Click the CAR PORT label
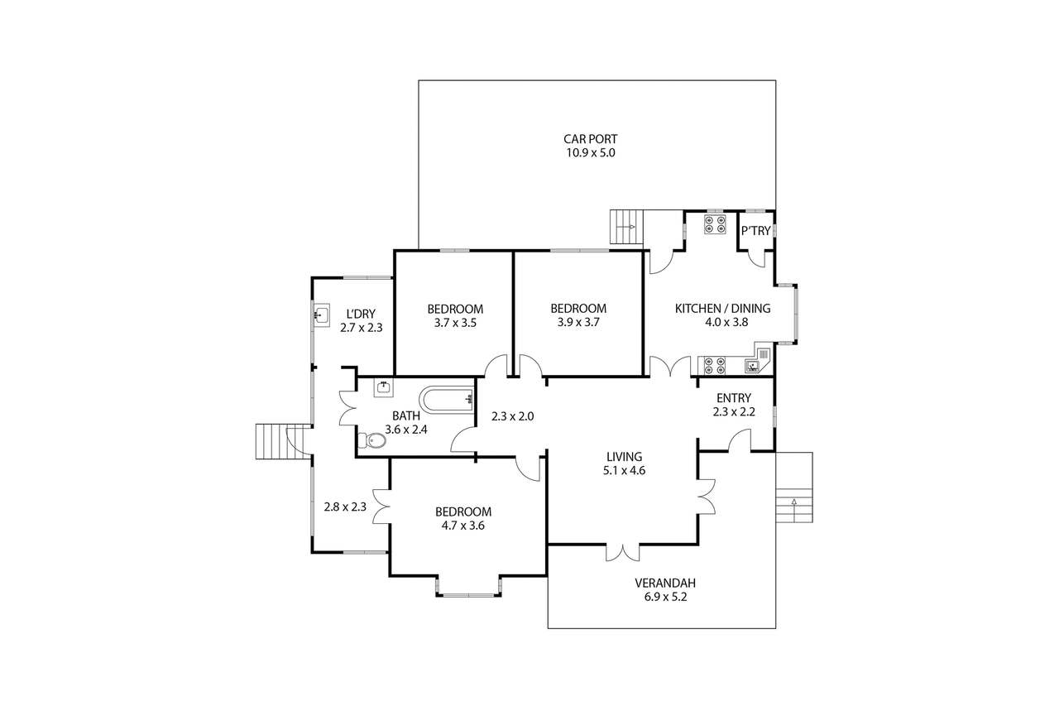click(x=591, y=139)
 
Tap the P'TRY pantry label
click(x=755, y=233)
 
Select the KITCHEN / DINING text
click(x=722, y=309)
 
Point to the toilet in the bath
click(x=372, y=440)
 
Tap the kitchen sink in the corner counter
click(x=756, y=363)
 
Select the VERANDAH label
click(x=660, y=582)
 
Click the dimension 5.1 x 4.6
click(x=625, y=470)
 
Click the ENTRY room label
click(x=733, y=398)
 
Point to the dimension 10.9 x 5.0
click(x=591, y=153)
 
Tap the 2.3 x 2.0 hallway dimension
click(x=512, y=416)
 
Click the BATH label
click(x=406, y=415)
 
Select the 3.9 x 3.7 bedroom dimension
click(x=578, y=322)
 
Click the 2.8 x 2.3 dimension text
click(x=345, y=507)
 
